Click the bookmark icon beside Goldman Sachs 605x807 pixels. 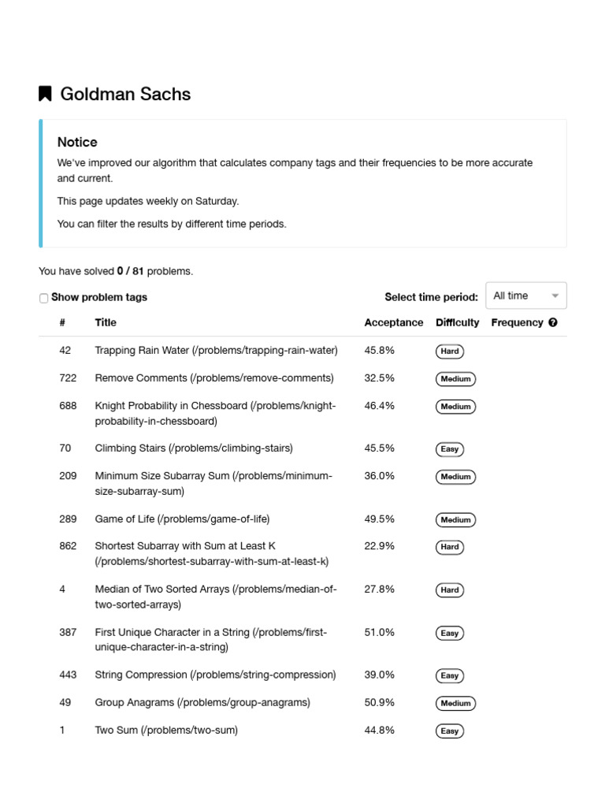click(45, 94)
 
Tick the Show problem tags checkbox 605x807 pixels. click(43, 298)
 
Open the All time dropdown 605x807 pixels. click(525, 296)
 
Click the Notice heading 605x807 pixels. click(77, 142)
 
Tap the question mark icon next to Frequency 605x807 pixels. click(553, 322)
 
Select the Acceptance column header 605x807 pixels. click(393, 322)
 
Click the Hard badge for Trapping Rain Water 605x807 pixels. click(450, 351)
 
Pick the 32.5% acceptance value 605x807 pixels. click(379, 378)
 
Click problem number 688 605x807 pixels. click(68, 406)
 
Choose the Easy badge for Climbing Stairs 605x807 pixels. click(449, 449)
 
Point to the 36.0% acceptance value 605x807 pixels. click(379, 476)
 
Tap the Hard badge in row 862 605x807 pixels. click(450, 547)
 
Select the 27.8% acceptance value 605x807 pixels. click(379, 589)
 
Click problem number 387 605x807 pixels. click(68, 632)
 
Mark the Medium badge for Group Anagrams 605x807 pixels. click(455, 703)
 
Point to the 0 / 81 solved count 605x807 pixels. click(130, 271)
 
